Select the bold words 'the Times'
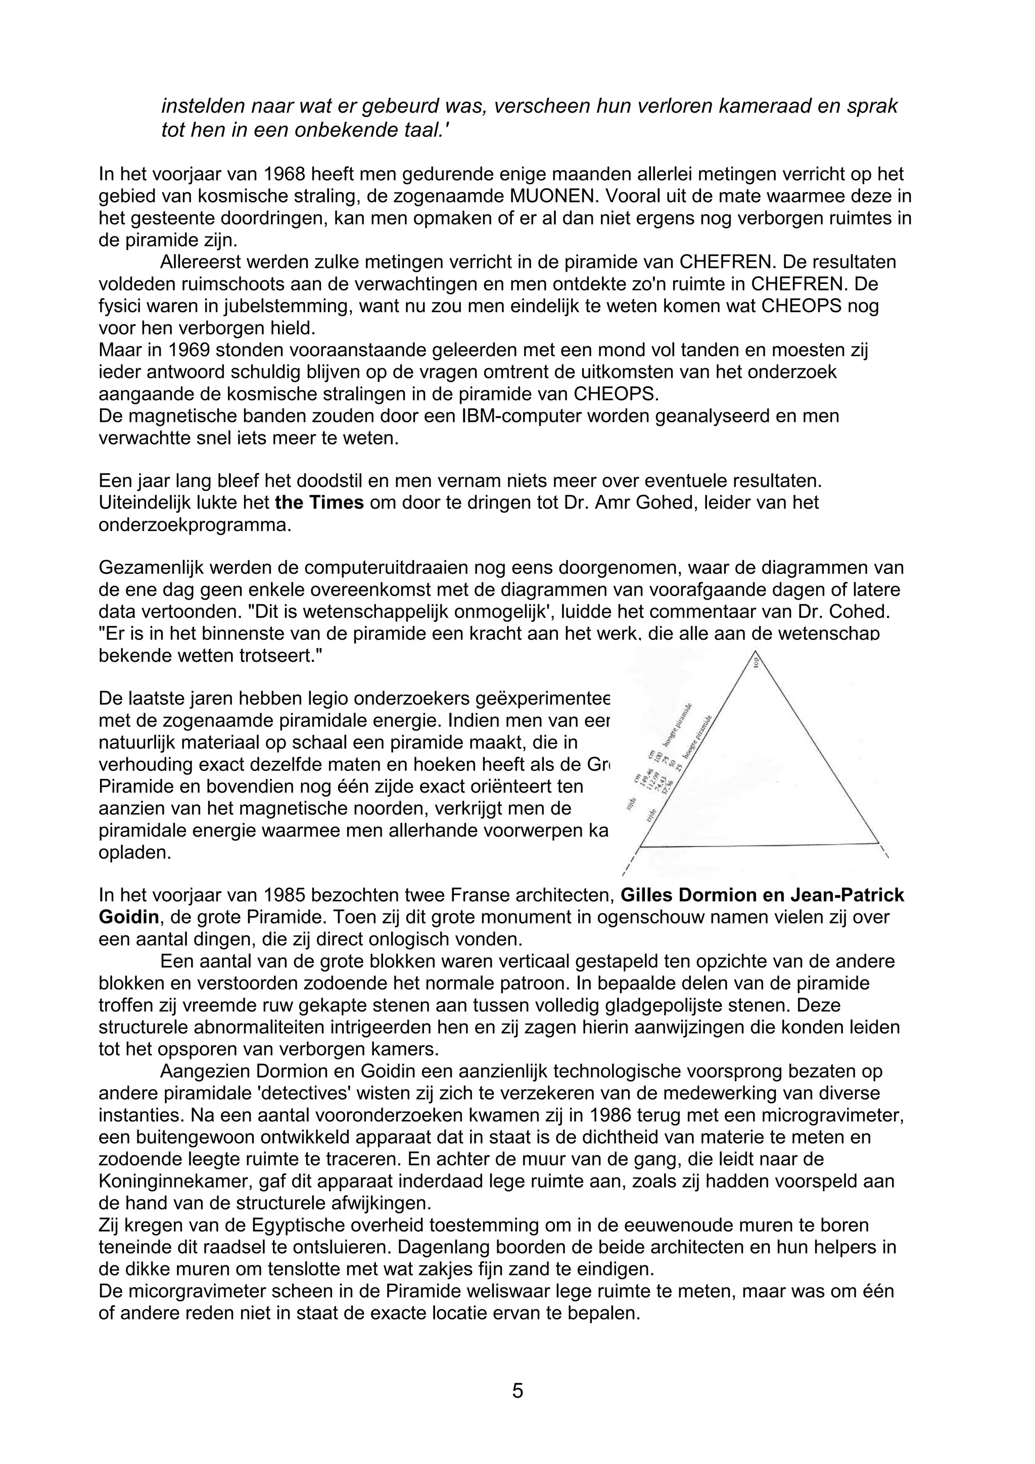click(319, 503)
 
